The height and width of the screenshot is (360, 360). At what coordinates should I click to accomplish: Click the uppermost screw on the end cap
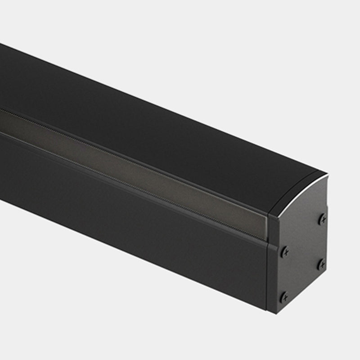pos(322,220)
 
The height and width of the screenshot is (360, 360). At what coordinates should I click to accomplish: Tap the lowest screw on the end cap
pos(284,297)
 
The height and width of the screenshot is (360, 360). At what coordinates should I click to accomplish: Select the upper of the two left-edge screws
pos(284,252)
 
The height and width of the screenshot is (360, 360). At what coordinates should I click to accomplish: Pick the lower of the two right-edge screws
pos(321,265)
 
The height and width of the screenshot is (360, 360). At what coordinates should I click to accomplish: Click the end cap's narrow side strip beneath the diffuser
pos(273,274)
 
